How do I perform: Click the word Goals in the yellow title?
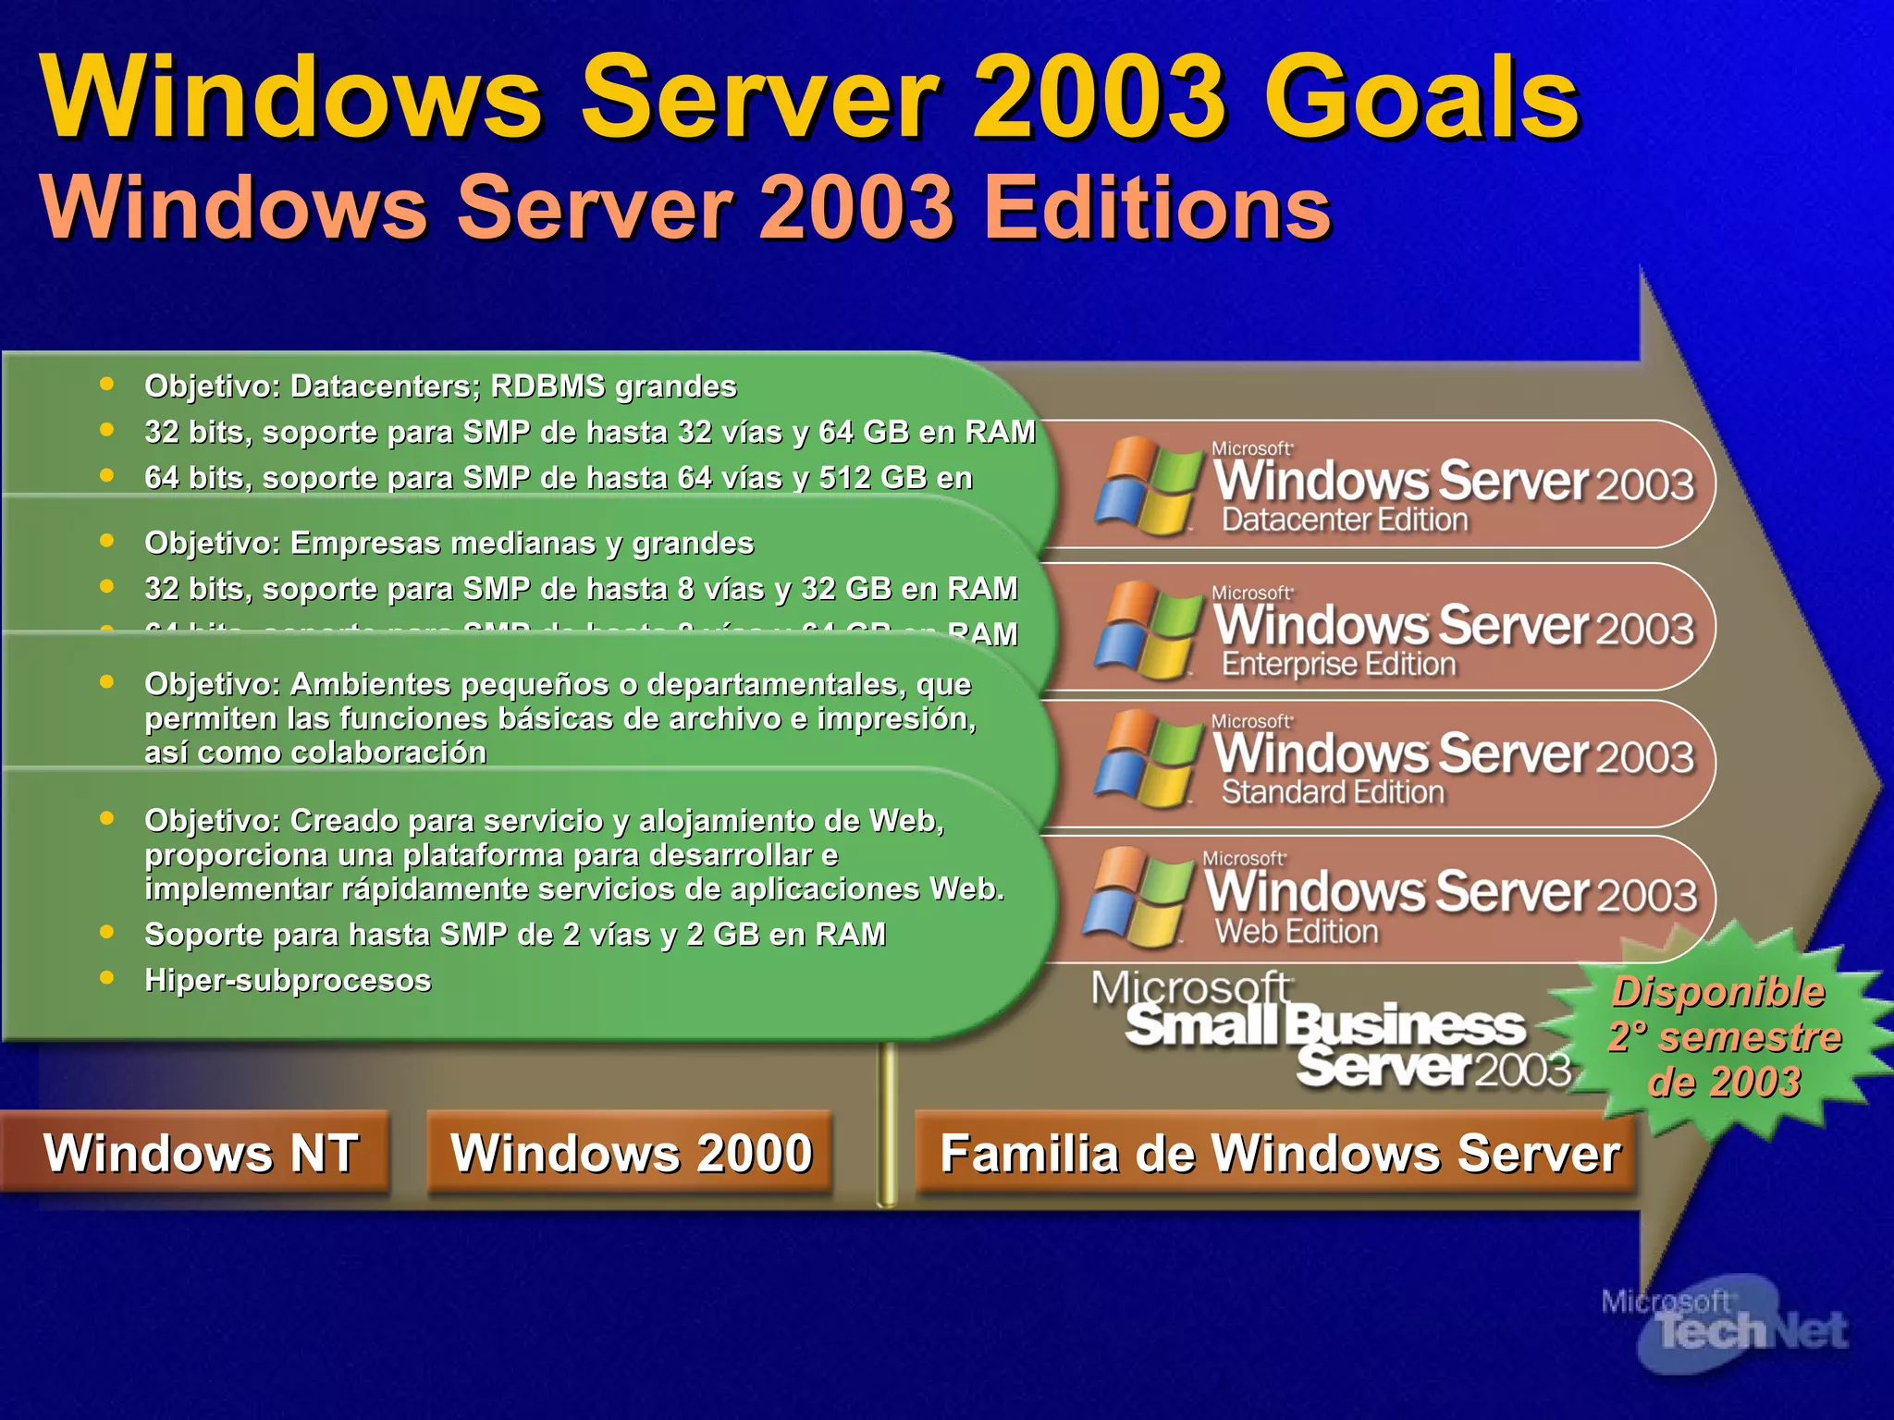(x=1420, y=97)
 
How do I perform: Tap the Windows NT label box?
(x=200, y=1153)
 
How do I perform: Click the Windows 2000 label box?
(x=631, y=1153)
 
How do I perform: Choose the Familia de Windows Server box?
(x=1279, y=1154)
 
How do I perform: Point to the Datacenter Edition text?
(x=1345, y=520)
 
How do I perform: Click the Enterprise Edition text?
(x=1338, y=664)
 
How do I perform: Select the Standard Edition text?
(x=1333, y=792)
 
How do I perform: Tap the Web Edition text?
(x=1297, y=931)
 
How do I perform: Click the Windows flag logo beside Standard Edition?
(x=1145, y=760)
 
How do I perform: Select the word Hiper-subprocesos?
(x=288, y=980)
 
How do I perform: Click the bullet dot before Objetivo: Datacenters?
(x=107, y=384)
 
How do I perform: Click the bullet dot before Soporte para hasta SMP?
(x=107, y=932)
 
